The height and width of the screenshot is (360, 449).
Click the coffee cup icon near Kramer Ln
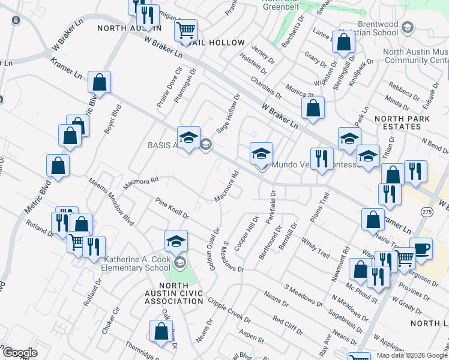(421, 248)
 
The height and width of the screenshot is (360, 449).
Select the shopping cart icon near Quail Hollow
(186, 29)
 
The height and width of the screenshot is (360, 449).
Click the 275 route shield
(426, 212)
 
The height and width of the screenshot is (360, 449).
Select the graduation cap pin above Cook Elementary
(175, 241)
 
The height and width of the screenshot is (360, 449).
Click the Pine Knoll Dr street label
(172, 208)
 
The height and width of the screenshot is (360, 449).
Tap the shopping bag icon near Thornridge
(161, 331)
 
